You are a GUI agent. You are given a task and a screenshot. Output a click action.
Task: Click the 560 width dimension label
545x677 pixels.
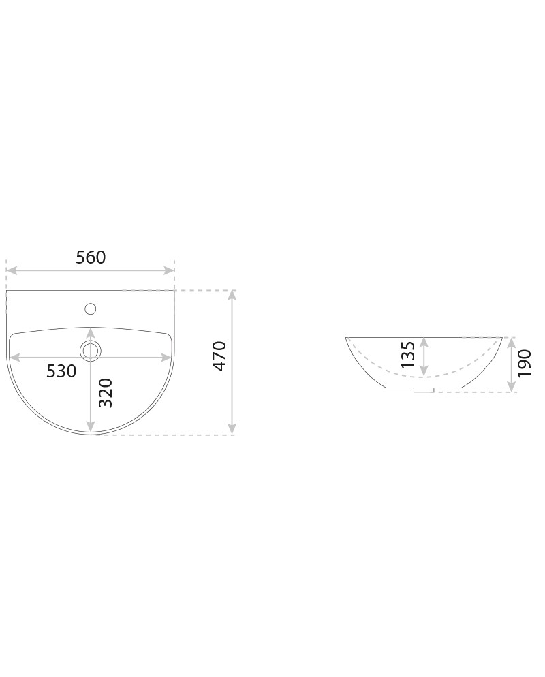[x=91, y=257]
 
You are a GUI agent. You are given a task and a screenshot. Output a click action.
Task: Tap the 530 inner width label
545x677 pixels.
[x=61, y=371]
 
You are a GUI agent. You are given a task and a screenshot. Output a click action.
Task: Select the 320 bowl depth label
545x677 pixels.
[x=106, y=393]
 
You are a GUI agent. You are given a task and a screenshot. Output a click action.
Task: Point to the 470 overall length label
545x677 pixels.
[x=220, y=356]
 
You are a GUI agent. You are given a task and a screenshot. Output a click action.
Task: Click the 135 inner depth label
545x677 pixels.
[x=408, y=354]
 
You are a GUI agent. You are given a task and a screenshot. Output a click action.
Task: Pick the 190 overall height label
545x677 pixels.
[x=525, y=363]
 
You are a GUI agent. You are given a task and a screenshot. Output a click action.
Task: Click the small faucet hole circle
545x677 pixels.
[x=90, y=309]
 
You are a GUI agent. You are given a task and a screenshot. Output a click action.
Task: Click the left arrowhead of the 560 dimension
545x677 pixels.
[x=12, y=270]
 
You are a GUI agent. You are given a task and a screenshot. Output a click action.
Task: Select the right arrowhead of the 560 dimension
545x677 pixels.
[x=168, y=270]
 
